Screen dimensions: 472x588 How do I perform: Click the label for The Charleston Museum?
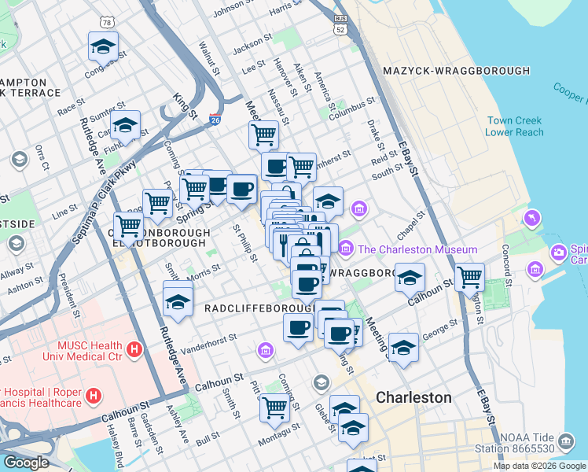coord(417,249)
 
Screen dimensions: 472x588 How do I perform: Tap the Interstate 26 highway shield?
coord(215,120)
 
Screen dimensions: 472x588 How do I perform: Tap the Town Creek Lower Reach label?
coord(515,127)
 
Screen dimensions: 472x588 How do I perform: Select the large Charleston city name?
coord(413,397)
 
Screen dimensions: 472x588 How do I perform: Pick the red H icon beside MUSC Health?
coord(134,348)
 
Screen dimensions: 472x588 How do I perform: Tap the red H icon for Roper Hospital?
coord(93,395)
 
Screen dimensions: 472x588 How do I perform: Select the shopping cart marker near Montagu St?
coord(274,407)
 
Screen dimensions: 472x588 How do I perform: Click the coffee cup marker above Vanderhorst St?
coord(298,327)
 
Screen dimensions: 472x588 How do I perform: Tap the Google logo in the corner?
coord(25,463)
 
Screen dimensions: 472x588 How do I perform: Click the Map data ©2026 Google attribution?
coord(538,466)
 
